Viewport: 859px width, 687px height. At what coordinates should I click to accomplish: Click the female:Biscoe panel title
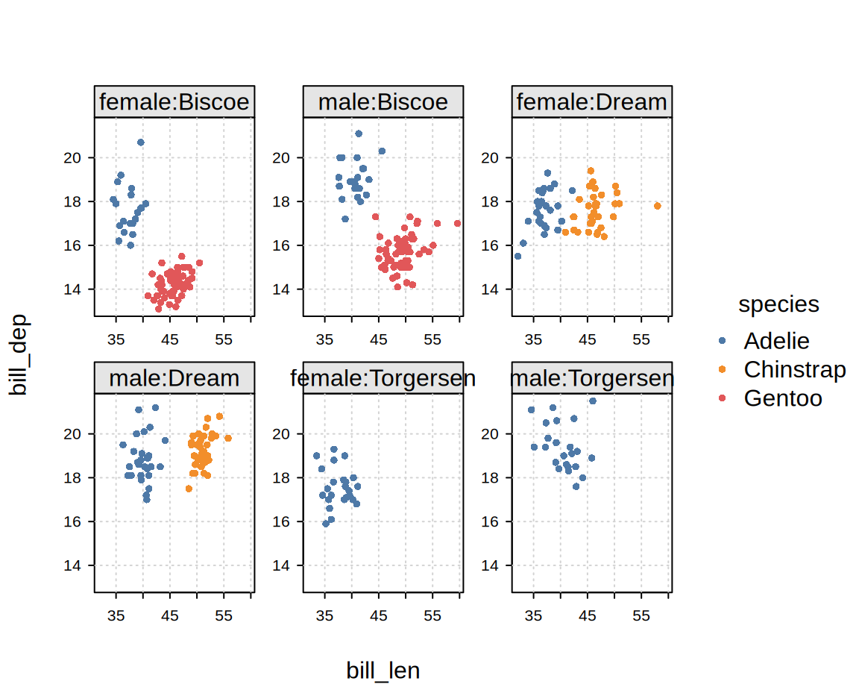point(174,102)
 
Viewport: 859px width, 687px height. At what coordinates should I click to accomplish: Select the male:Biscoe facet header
point(383,102)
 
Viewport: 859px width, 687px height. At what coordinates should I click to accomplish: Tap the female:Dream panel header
point(592,102)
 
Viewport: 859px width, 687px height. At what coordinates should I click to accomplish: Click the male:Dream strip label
point(174,378)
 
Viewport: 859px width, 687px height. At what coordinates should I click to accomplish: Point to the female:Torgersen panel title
point(383,378)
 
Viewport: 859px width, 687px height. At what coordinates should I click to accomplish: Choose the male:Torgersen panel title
point(592,378)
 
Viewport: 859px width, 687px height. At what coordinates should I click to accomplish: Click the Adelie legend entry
point(776,341)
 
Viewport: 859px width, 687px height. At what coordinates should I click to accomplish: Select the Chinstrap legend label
point(795,369)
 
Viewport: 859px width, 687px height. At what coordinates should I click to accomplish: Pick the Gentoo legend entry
point(783,398)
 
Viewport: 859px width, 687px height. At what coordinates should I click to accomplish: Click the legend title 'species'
point(778,304)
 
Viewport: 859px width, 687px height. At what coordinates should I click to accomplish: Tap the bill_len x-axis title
point(383,671)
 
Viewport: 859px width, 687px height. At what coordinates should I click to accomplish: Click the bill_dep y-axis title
point(19,354)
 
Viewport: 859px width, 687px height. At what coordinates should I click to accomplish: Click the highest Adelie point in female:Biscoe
point(141,142)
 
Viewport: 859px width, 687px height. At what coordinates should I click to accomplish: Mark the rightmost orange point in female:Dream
point(658,206)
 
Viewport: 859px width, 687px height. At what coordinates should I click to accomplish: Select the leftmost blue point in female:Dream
point(518,256)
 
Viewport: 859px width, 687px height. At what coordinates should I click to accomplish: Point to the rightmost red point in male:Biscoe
point(457,223)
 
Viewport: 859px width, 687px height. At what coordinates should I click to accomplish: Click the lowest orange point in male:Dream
point(189,489)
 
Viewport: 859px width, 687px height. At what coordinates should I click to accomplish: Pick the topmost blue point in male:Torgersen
point(593,401)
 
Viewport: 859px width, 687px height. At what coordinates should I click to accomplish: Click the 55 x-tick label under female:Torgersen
point(432,616)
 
